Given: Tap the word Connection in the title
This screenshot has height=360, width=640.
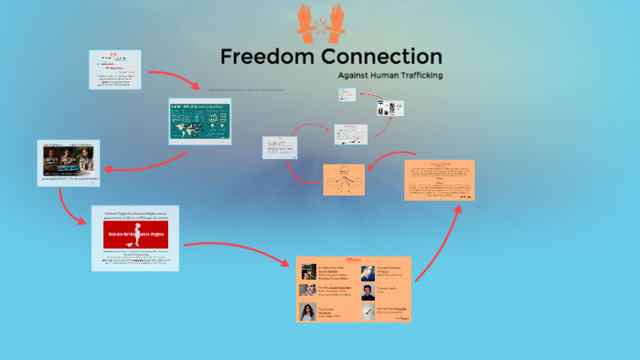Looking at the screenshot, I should click(x=380, y=56).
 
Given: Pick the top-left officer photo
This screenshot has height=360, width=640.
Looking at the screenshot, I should click(x=308, y=272).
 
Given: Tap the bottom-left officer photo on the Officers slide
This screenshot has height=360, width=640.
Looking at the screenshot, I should click(x=308, y=311).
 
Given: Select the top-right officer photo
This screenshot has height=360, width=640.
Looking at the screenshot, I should click(x=368, y=272).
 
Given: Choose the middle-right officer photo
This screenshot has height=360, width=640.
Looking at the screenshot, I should click(x=368, y=291).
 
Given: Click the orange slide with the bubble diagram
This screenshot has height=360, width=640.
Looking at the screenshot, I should click(x=344, y=179).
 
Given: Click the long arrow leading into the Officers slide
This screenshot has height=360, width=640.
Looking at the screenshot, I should click(x=238, y=250).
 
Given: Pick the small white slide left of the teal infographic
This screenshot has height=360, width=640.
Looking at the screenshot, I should click(x=115, y=69).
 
